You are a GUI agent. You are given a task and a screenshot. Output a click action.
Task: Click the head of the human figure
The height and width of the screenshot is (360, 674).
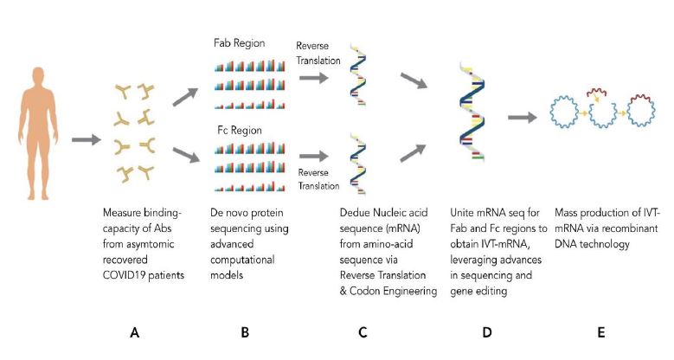click(x=38, y=76)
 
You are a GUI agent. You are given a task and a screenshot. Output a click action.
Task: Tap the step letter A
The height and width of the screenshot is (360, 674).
click(x=135, y=332)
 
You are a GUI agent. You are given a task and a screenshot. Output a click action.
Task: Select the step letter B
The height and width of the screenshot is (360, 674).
click(x=245, y=332)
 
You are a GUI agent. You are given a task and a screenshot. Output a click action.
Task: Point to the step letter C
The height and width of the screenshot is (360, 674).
click(x=363, y=332)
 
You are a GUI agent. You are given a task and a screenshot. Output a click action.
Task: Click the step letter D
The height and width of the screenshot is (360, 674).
click(x=486, y=332)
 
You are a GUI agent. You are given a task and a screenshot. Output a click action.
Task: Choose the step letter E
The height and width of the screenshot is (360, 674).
click(x=601, y=332)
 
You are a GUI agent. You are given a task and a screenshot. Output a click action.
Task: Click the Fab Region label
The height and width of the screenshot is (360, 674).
click(x=239, y=43)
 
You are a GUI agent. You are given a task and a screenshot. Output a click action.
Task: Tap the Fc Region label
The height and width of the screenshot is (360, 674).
click(x=240, y=130)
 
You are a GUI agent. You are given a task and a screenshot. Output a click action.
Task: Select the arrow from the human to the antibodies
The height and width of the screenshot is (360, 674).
click(x=86, y=139)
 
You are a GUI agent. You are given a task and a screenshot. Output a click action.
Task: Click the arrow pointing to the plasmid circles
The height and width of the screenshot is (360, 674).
click(x=523, y=117)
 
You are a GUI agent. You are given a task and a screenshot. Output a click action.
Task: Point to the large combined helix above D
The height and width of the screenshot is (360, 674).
click(x=472, y=112)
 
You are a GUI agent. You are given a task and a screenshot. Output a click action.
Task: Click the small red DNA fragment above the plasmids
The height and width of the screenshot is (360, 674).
click(x=596, y=93)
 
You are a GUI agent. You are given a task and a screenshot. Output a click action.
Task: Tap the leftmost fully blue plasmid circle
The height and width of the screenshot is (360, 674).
click(x=564, y=112)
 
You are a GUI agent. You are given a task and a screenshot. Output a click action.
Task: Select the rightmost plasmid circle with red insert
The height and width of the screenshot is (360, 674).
click(x=641, y=111)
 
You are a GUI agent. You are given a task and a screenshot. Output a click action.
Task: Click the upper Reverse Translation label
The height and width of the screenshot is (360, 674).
click(x=318, y=53)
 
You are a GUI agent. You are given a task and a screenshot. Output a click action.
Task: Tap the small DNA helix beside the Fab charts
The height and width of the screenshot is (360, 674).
click(x=357, y=74)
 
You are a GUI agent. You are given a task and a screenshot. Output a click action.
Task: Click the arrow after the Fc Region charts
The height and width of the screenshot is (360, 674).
click(x=314, y=156)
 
